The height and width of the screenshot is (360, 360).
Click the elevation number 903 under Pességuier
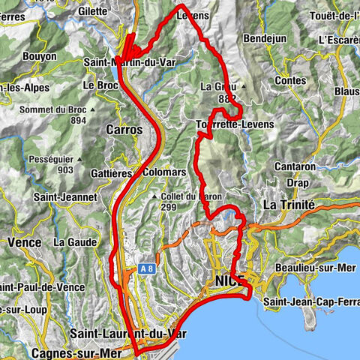pos(64,171)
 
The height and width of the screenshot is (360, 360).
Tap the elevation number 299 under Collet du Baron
pos(170,208)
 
